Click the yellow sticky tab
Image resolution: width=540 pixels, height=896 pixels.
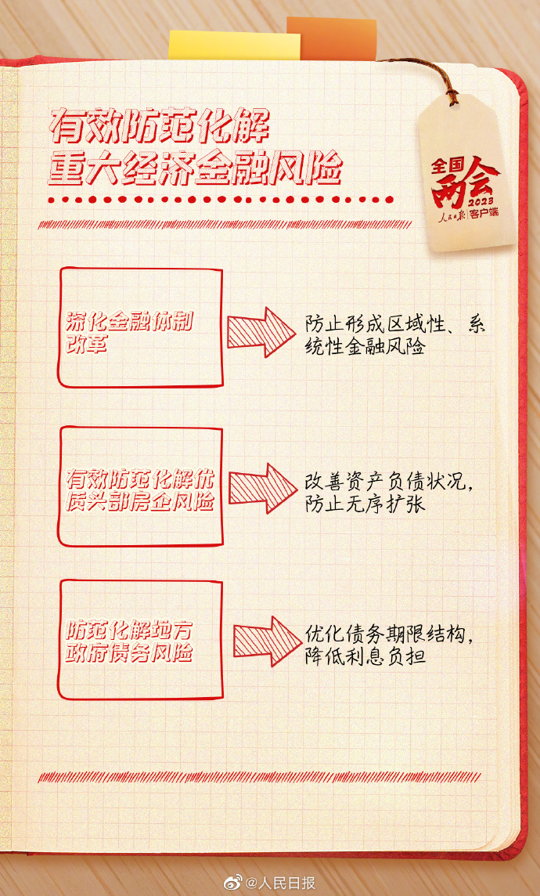click(x=234, y=45)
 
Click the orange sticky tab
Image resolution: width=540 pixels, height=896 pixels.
click(x=332, y=38)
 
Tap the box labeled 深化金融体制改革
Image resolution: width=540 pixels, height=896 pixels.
click(x=140, y=327)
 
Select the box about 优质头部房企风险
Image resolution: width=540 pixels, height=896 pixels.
click(x=140, y=486)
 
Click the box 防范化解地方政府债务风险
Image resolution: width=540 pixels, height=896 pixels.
click(x=140, y=639)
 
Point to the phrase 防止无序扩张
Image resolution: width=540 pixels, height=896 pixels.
click(x=365, y=506)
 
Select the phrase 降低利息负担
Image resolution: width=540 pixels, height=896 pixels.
click(x=365, y=658)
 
